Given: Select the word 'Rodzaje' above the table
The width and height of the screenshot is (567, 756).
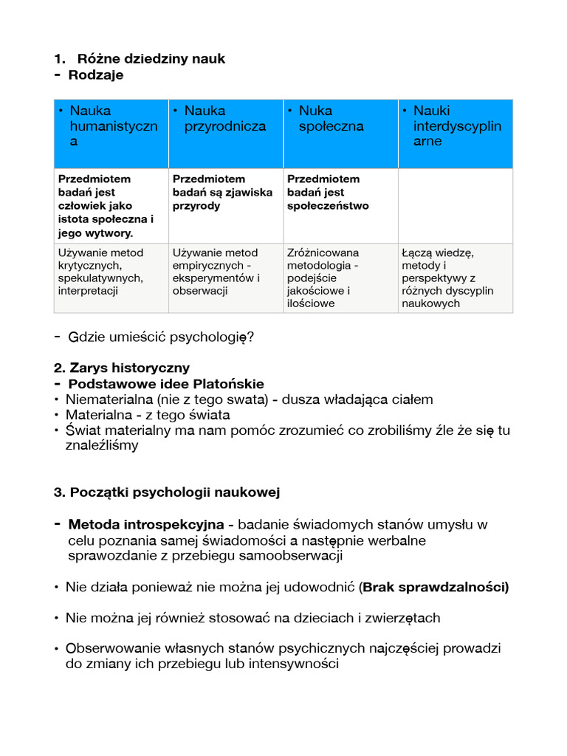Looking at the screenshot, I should click(96, 75).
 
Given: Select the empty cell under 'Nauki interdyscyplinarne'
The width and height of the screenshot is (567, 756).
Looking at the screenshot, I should click(455, 205).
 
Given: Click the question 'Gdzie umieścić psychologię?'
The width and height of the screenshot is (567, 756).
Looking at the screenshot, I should click(161, 337).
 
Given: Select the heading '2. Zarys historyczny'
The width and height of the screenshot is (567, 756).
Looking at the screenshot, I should click(122, 368).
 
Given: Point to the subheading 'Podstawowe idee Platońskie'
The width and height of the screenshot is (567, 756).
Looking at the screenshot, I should click(166, 384).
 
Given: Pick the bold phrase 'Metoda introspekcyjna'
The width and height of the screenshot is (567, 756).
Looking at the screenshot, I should click(146, 525).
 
